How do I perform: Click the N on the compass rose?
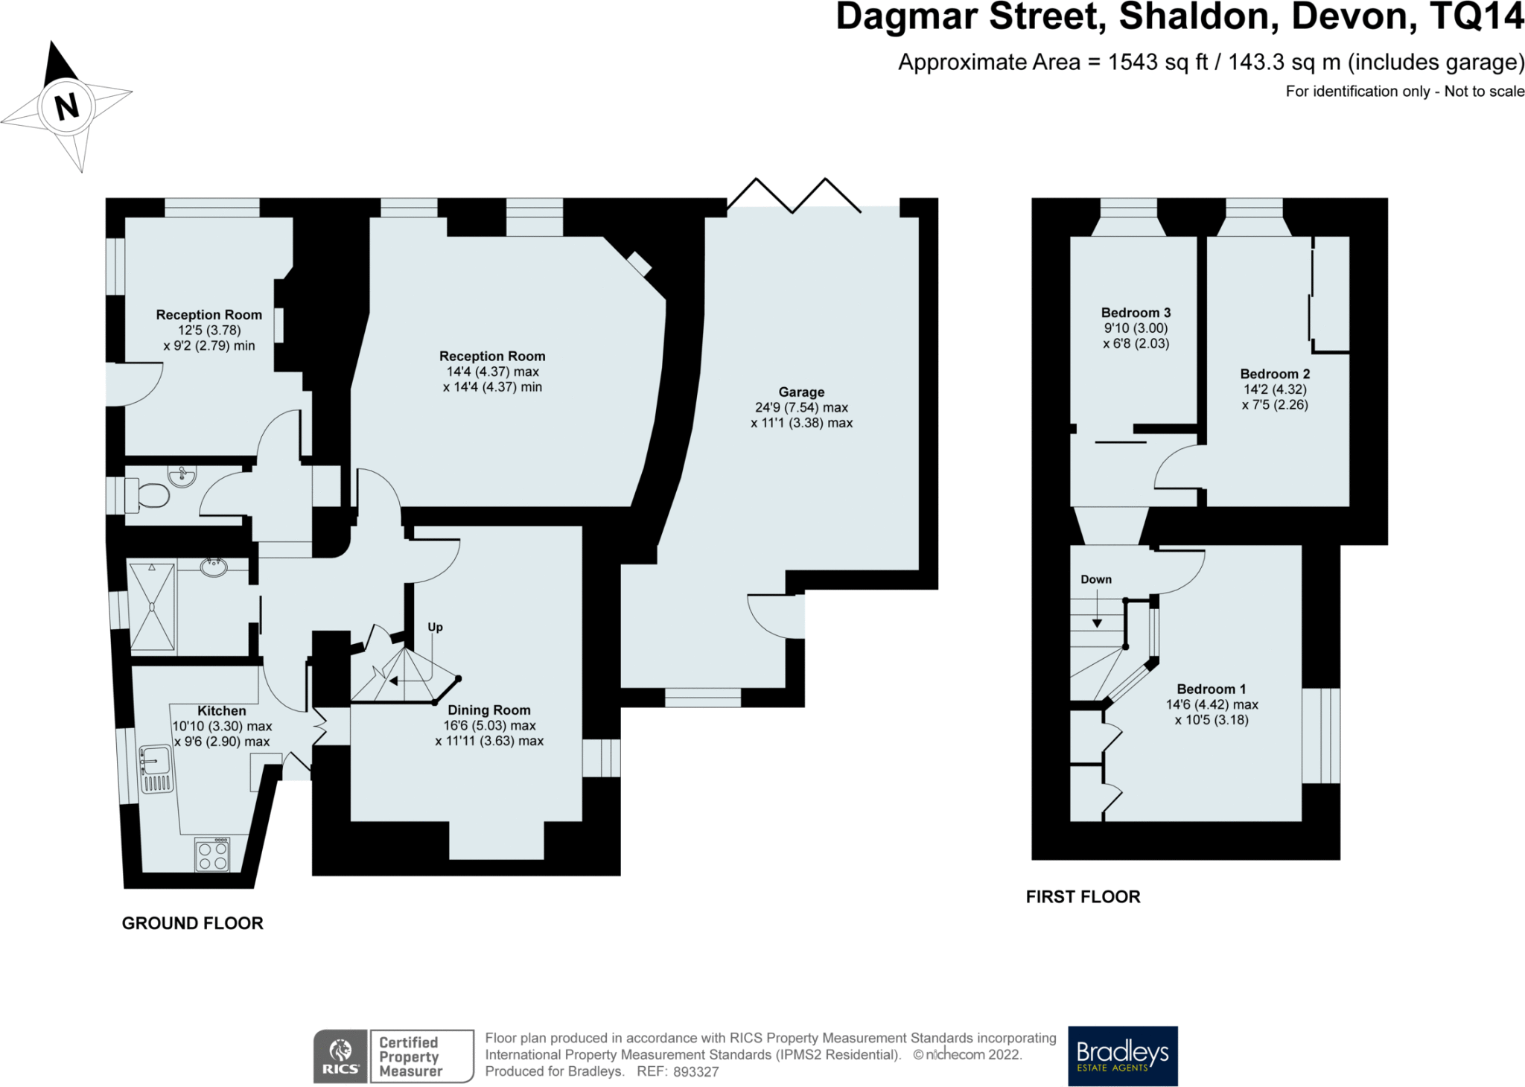(67, 106)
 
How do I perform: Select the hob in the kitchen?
(212, 855)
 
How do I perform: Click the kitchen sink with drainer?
(156, 770)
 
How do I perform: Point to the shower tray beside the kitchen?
(152, 607)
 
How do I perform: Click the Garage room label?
(801, 392)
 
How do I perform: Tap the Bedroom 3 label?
(1136, 313)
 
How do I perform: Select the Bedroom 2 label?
(1275, 374)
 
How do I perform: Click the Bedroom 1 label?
(1211, 689)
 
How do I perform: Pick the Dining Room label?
(489, 710)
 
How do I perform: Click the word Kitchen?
(221, 711)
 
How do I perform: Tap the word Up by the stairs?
(435, 628)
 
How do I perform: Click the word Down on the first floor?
(1096, 579)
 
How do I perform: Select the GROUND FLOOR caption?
(193, 923)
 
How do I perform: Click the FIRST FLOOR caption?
(1083, 897)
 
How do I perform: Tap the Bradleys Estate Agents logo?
(1123, 1056)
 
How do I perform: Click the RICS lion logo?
(340, 1056)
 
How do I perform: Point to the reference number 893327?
(696, 1072)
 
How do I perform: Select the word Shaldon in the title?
(1198, 18)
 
